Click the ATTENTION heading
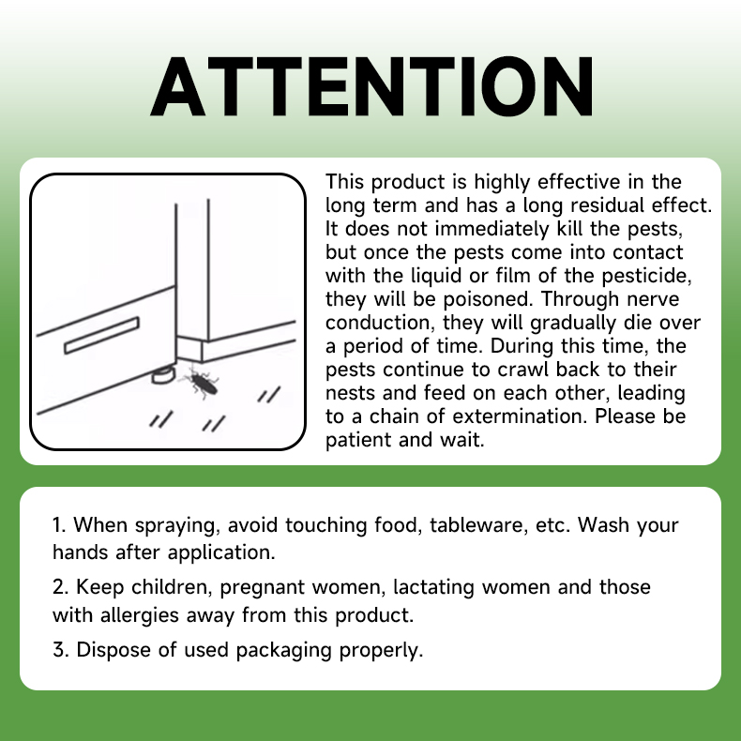tap(371, 86)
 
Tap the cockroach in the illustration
tap(201, 381)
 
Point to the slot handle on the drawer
tap(101, 335)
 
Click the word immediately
tap(492, 229)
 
